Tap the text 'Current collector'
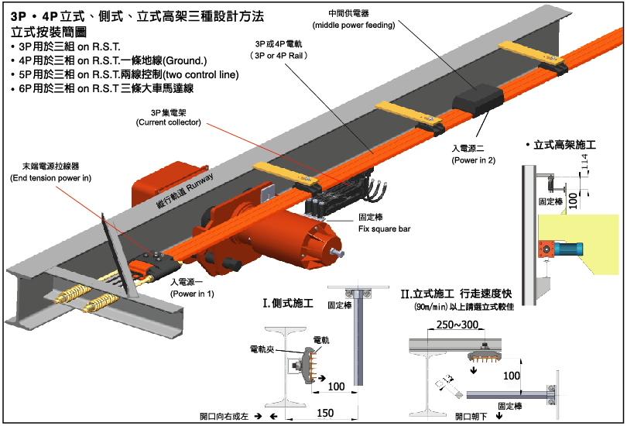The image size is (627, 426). coord(168,123)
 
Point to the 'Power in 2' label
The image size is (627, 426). coord(474,160)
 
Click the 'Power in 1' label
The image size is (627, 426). coord(193,294)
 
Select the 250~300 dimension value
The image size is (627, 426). coord(458,324)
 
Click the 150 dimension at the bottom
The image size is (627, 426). coord(325,413)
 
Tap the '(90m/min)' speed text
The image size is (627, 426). coord(430,307)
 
